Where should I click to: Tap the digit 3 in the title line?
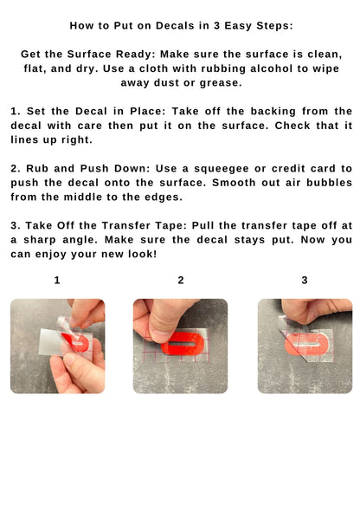(217, 25)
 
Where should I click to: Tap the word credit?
(288, 168)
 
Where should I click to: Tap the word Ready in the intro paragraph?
(136, 54)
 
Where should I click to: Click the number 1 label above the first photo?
(57, 280)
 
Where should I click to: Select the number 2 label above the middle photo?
(181, 280)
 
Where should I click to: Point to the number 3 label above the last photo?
(305, 280)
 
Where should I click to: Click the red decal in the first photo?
(76, 342)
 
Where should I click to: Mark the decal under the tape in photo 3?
(306, 344)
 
